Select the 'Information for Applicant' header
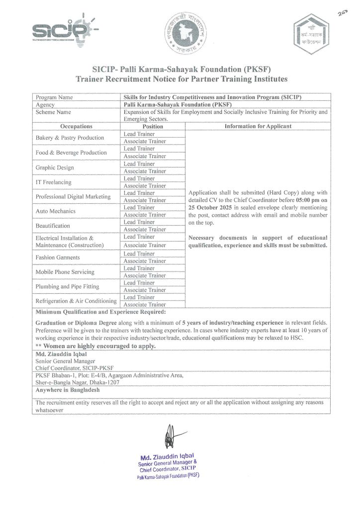tap(258, 127)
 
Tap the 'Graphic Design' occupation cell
tap(55, 168)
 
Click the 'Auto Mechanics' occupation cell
tap(56, 211)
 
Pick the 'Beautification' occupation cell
tap(53, 226)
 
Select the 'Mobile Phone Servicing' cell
tap(65, 272)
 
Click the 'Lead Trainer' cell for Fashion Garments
tap(139, 254)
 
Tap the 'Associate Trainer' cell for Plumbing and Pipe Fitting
tap(144, 290)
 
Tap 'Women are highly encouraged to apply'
tap(96, 346)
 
